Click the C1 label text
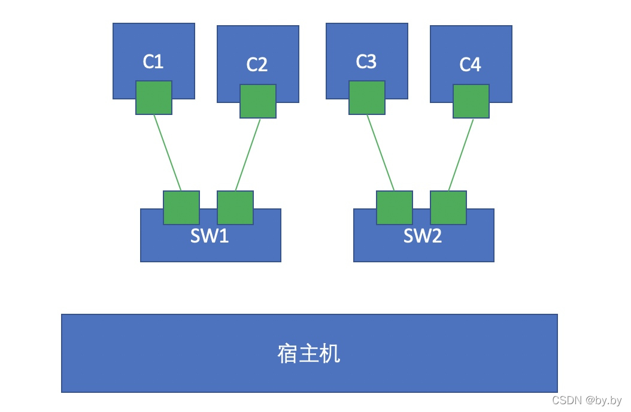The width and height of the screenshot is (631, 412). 153,62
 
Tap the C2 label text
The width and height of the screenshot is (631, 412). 257,65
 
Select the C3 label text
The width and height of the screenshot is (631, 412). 366,62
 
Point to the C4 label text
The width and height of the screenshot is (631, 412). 470,65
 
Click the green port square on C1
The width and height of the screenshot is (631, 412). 154,98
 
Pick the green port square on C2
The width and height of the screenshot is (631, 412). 258,101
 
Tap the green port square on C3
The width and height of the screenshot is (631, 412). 367,98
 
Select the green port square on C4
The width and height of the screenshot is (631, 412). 471,101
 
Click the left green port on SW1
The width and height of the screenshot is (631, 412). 181,208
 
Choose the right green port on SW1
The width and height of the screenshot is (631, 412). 235,208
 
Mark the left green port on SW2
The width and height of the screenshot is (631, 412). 395,208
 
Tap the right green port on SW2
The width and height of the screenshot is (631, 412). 448,208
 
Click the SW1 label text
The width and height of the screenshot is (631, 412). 210,236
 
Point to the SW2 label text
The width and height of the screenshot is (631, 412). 423,236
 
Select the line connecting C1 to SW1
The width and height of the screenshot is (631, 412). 168,153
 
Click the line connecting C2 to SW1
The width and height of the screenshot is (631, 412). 248,154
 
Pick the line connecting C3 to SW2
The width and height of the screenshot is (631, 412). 381,153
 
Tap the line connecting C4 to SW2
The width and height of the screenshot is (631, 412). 461,154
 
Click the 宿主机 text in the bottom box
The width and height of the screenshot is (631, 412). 309,354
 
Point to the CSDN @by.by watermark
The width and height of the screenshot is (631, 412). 587,401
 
